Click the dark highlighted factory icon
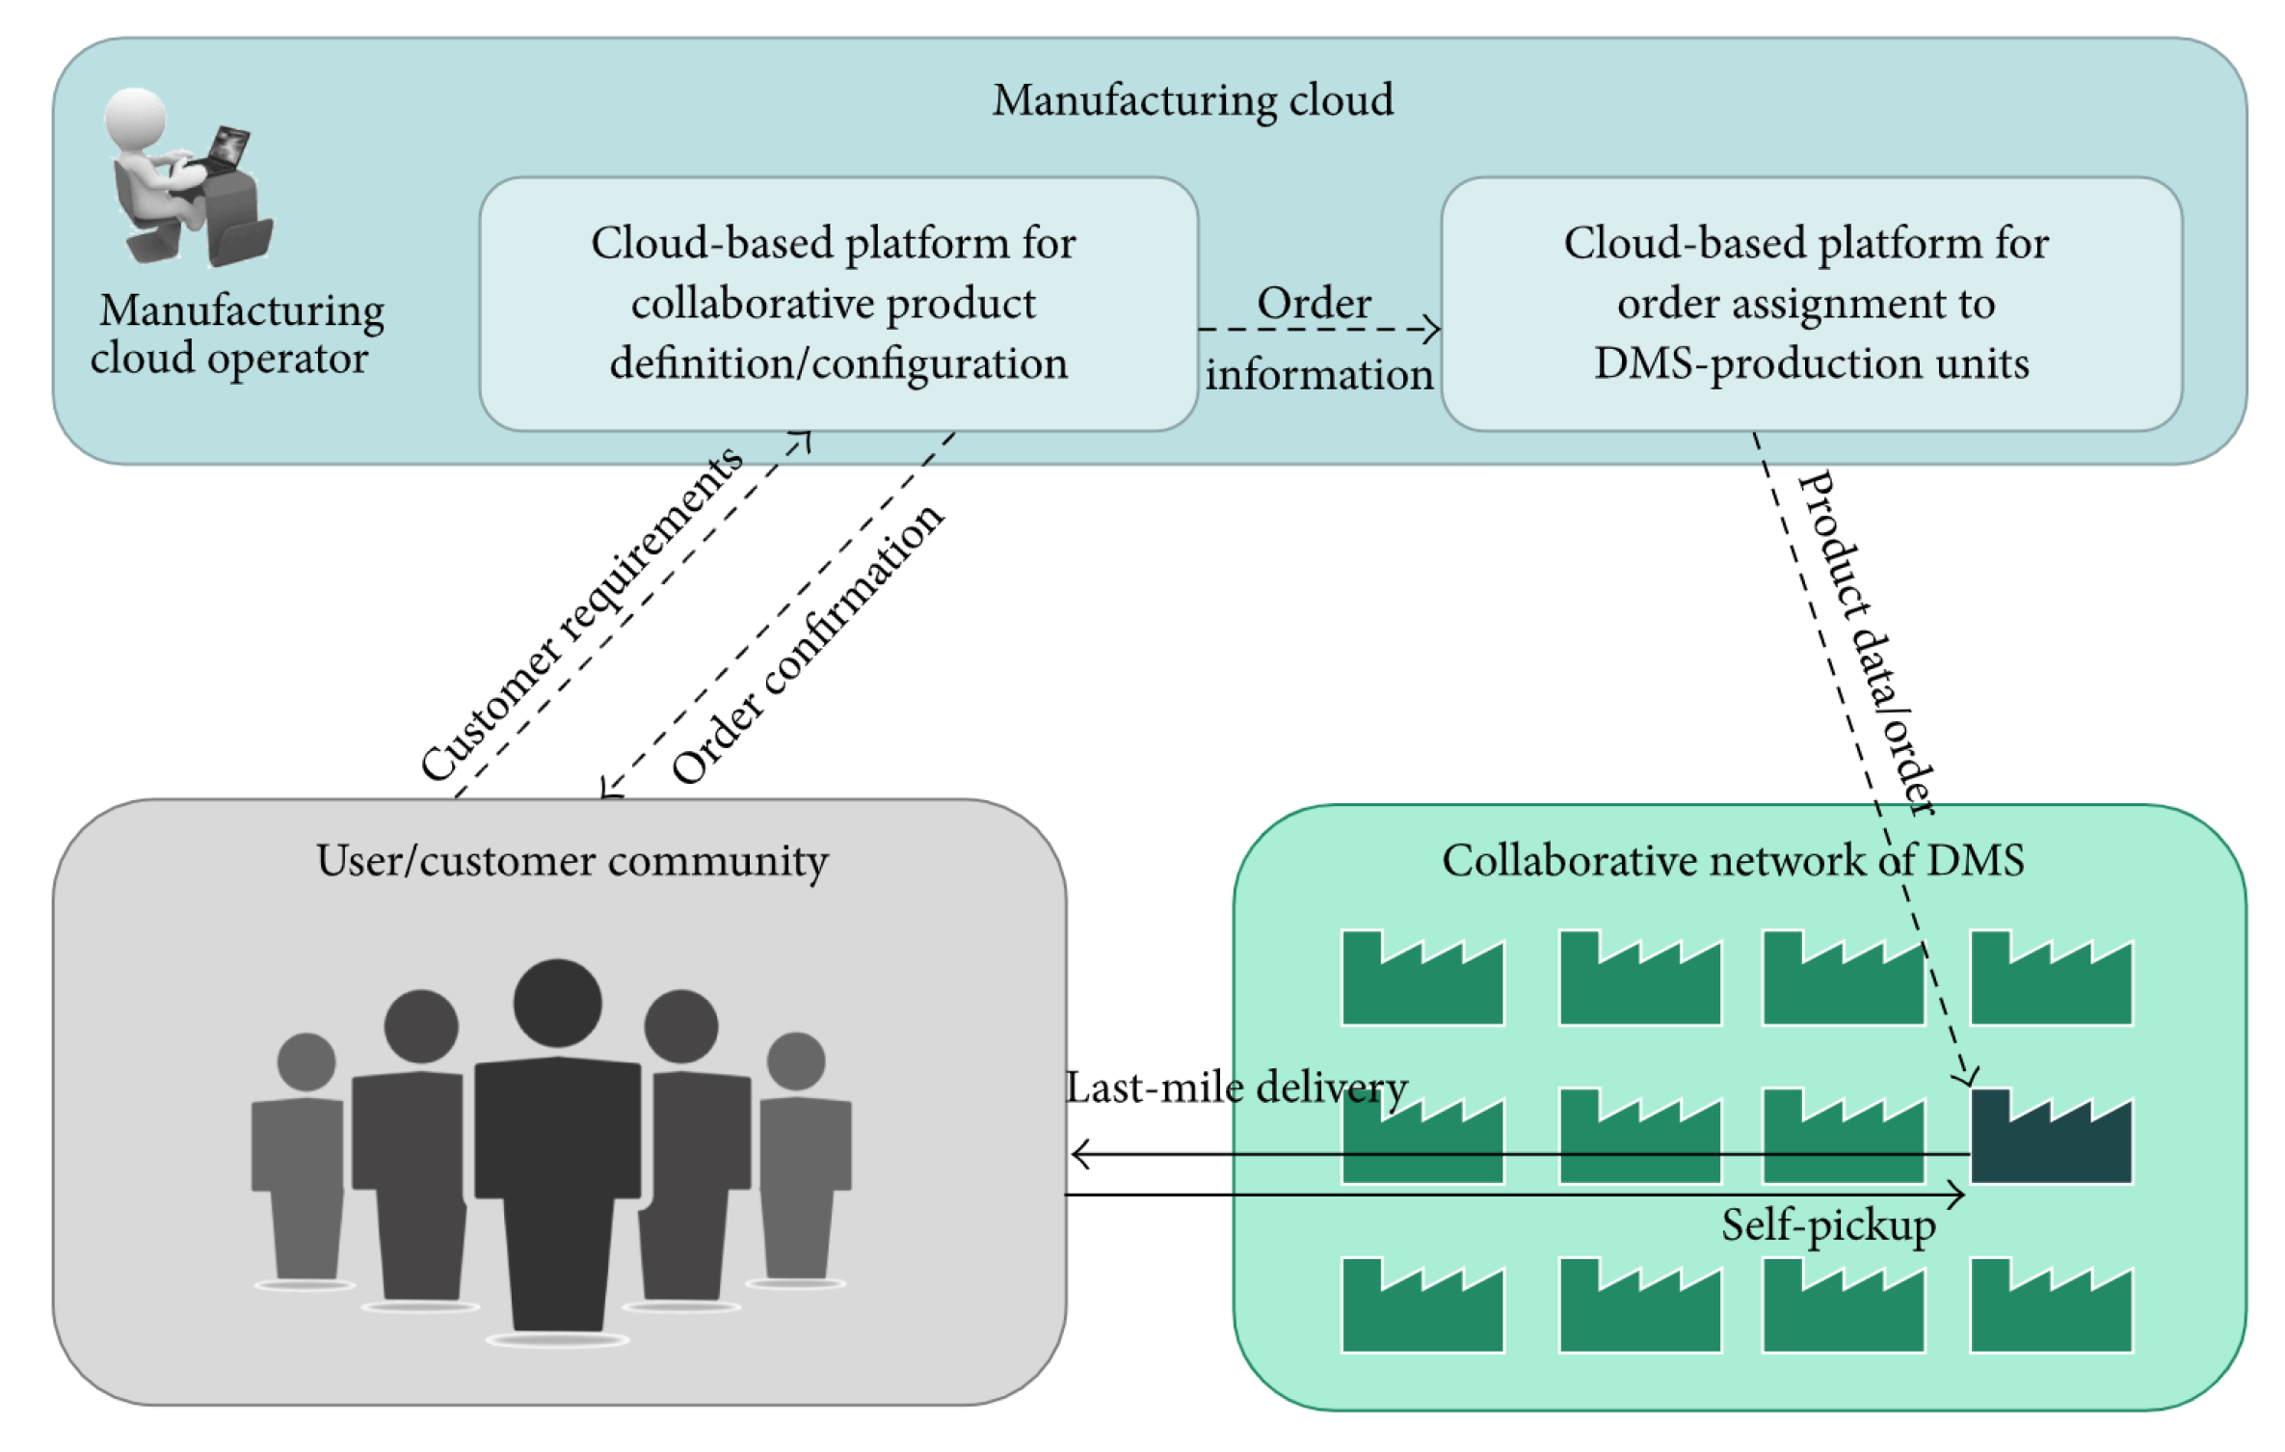(x=2051, y=1138)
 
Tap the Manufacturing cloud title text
(x=1193, y=100)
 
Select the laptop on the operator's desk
(x=227, y=149)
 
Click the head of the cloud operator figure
(x=136, y=118)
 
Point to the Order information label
(x=1316, y=338)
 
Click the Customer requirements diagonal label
(x=582, y=613)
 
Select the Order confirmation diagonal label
(x=808, y=643)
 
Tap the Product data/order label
(x=1867, y=643)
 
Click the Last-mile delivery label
(x=1236, y=1088)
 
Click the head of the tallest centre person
(x=557, y=1003)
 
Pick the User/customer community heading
(x=571, y=861)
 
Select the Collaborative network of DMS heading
(x=1732, y=861)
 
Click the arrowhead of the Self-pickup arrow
(x=1958, y=1196)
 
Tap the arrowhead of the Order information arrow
(x=1433, y=330)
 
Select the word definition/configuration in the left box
(x=838, y=364)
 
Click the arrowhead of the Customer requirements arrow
(x=803, y=440)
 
